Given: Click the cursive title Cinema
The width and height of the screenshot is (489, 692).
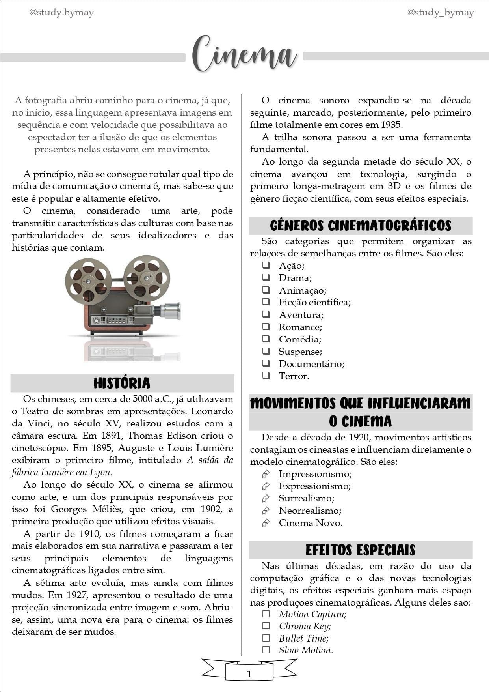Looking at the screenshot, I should [244, 55].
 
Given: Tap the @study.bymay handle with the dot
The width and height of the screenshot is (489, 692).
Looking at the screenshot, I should [61, 13].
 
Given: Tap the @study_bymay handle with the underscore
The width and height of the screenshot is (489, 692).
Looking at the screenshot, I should [440, 13].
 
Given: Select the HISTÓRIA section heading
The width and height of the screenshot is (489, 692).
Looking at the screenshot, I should [122, 383].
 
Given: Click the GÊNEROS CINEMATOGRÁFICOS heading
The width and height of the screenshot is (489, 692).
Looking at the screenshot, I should [361, 226].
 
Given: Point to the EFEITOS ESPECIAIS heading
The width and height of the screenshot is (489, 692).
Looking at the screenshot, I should [361, 550].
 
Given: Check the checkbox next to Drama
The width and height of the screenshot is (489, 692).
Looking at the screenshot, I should [266, 277].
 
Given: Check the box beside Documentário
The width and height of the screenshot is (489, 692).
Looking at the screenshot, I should [266, 363].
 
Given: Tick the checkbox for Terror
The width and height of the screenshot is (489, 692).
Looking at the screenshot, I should [266, 376].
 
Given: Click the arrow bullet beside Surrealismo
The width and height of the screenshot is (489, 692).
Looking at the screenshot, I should [266, 498].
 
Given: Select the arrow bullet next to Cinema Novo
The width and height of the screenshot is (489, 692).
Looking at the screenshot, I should [266, 523].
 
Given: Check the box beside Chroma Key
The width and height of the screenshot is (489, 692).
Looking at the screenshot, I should [266, 626].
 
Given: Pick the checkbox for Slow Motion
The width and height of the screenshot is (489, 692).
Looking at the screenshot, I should [266, 650].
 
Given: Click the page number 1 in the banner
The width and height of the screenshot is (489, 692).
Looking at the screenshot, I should [249, 674].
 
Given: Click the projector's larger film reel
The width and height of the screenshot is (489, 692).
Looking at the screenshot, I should [147, 278].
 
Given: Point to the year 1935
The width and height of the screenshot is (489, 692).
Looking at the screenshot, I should [391, 125].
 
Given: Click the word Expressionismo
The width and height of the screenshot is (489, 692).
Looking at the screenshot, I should [315, 486].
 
